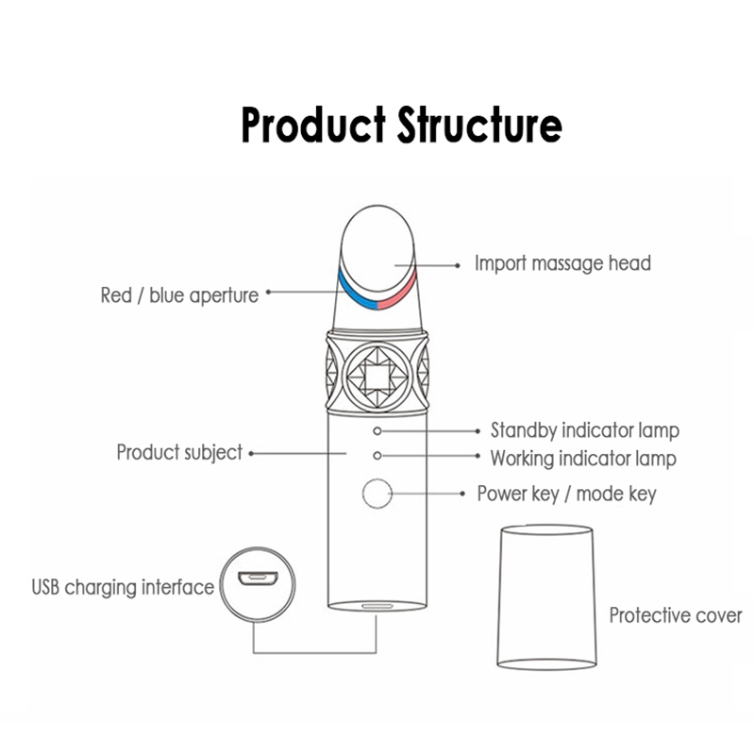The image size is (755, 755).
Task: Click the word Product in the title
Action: (x=313, y=125)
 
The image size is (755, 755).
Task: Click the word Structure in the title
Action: (x=479, y=125)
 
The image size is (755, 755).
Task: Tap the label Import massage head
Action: (x=562, y=263)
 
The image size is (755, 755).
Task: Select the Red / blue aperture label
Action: (x=179, y=295)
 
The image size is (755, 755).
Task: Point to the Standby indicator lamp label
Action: (x=585, y=430)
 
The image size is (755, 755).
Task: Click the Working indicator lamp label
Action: (x=583, y=459)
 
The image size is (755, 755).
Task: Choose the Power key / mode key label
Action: (x=567, y=494)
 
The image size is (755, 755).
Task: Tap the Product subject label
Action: (x=179, y=453)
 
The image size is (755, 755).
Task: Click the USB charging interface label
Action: (x=123, y=587)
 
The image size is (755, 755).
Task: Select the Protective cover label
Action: (x=676, y=615)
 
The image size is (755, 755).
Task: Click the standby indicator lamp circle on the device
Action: (x=377, y=431)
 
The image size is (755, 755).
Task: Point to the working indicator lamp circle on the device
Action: (x=377, y=456)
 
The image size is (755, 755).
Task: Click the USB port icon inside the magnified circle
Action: (x=258, y=578)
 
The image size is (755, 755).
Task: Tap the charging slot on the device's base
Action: (x=377, y=606)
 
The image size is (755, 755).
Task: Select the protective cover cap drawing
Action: (x=546, y=597)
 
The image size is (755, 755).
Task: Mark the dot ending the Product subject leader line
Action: (x=251, y=454)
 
